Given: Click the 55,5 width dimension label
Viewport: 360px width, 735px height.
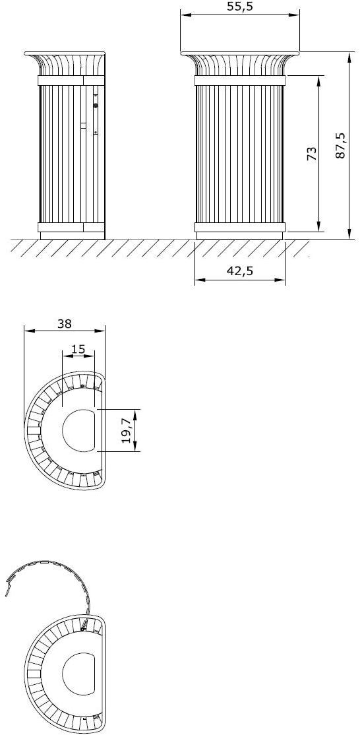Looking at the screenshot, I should click(240, 7).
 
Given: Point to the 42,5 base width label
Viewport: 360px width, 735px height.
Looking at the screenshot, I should click(240, 271).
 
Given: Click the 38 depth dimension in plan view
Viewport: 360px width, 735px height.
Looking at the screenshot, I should click(64, 323).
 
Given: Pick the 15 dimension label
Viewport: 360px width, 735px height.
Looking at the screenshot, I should click(78, 349).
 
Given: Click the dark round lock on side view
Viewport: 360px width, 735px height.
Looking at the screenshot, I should click(96, 106).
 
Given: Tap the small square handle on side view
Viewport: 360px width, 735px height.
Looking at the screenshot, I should click(83, 125).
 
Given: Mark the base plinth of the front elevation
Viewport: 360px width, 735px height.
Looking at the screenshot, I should click(240, 235).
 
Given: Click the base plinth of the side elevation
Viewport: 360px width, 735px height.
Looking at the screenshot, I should click(72, 235).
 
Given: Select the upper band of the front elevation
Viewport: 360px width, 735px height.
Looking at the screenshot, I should click(240, 80).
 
